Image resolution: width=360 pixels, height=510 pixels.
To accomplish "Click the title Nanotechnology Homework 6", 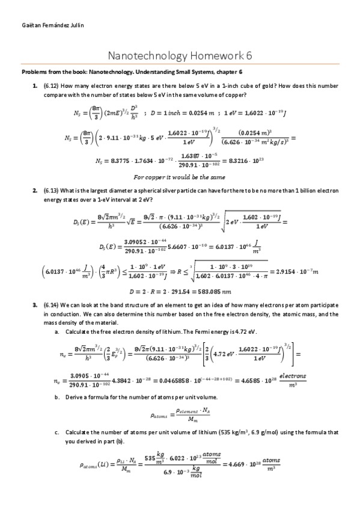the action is (180, 56).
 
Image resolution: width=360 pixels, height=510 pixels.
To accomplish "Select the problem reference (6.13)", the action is (52, 190).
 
